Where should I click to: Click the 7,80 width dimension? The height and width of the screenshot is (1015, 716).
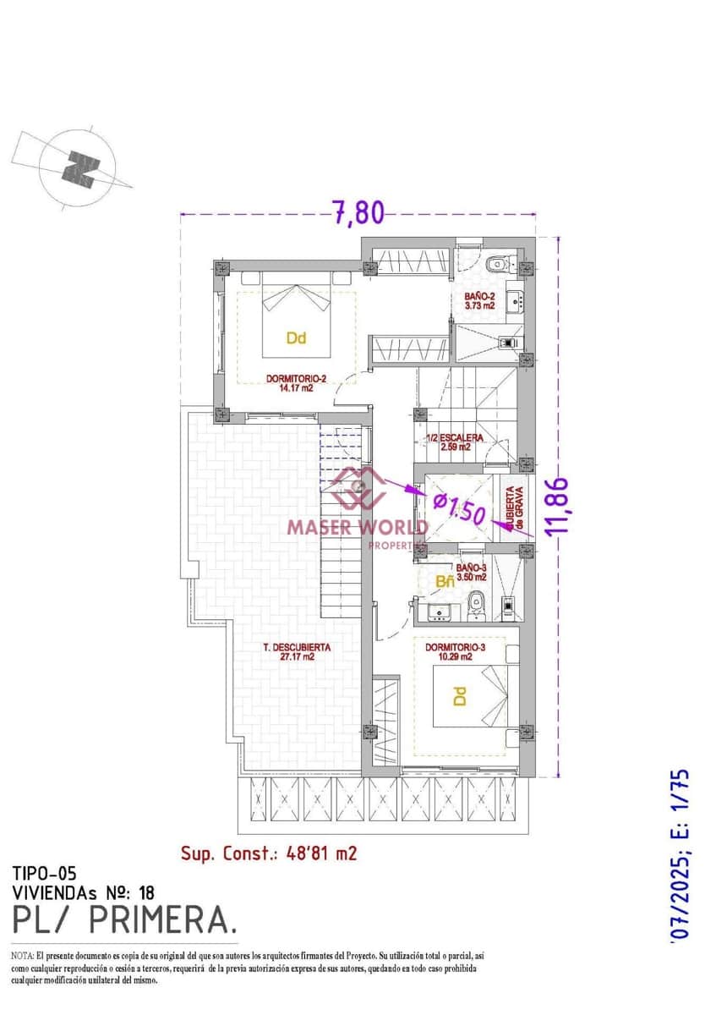tap(358, 212)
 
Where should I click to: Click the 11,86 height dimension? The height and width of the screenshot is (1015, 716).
tap(556, 507)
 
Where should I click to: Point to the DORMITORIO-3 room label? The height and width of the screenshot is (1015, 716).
tap(455, 647)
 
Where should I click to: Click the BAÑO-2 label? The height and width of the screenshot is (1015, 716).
tap(478, 297)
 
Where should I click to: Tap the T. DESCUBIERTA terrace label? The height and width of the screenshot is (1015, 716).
tap(297, 647)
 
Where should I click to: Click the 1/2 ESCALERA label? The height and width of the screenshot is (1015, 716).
tap(455, 438)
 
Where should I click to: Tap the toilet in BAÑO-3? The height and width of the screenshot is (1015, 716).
tap(476, 601)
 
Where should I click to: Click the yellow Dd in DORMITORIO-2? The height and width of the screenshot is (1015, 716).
tap(296, 338)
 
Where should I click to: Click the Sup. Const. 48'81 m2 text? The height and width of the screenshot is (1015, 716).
tap(269, 853)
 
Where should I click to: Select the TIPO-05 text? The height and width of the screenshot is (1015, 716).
tap(44, 872)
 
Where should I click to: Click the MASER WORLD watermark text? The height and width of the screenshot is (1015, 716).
tap(358, 527)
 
